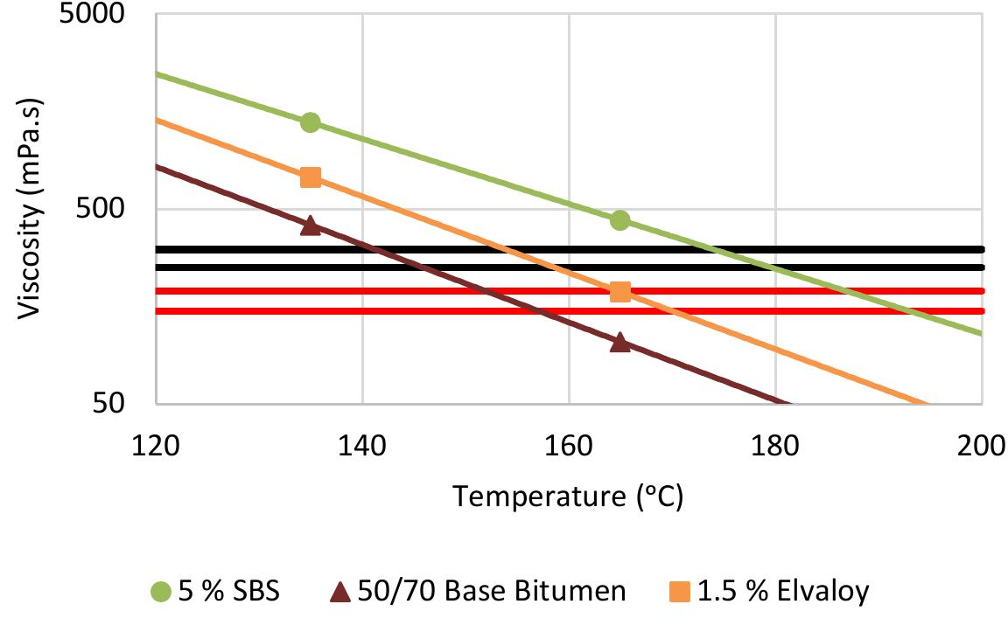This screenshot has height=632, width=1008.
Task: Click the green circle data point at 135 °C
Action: tap(310, 122)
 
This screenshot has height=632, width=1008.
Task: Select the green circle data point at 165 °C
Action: tap(620, 220)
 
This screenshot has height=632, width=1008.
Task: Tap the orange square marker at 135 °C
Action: tap(310, 177)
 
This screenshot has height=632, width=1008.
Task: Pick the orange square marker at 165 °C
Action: tap(620, 291)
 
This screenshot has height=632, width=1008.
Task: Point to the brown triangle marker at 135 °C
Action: tap(310, 226)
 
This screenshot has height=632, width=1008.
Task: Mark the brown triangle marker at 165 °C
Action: tap(620, 342)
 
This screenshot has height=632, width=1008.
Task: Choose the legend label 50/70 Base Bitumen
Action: tap(491, 592)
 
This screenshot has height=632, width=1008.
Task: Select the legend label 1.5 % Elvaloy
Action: tap(783, 592)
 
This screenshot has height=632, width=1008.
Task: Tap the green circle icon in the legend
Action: tap(160, 593)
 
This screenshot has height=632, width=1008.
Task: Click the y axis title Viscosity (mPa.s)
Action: tap(31, 210)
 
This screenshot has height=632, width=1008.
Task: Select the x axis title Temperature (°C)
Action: tap(567, 497)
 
